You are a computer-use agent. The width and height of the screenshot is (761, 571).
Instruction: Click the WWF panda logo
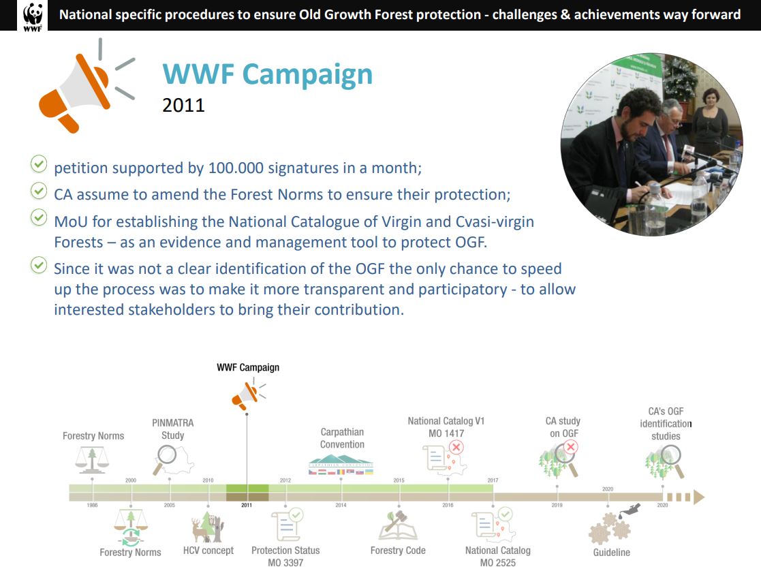[33, 16]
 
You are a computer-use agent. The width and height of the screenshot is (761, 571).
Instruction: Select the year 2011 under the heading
[183, 106]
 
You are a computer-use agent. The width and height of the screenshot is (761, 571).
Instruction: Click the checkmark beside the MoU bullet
[39, 217]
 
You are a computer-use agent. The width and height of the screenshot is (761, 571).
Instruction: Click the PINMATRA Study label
[173, 429]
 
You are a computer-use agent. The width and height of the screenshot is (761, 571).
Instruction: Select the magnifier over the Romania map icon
[165, 459]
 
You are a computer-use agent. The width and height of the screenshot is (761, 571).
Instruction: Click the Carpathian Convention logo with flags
[341, 465]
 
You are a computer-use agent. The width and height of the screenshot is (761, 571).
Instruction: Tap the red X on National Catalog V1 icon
[456, 447]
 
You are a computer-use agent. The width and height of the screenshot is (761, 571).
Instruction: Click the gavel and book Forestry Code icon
[398, 525]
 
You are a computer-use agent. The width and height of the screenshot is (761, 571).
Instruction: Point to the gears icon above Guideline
[610, 528]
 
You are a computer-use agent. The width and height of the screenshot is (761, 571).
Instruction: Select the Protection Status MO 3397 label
[285, 557]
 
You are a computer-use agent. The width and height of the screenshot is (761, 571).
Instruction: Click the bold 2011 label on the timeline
[247, 506]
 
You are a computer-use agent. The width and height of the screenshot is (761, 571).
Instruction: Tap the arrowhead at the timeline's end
[699, 497]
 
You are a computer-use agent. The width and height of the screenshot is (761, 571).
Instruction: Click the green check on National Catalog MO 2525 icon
[506, 514]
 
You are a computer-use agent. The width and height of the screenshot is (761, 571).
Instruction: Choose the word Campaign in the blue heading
[307, 75]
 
